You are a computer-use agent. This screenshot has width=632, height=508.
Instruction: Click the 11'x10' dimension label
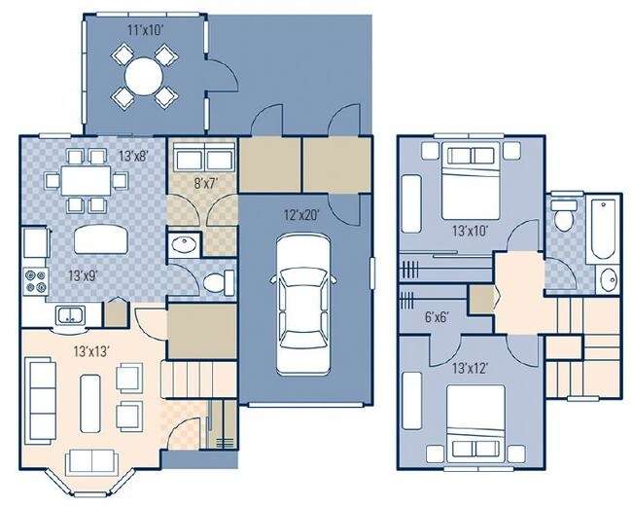tap(146, 29)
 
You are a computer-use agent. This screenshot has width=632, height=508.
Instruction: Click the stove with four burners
tap(36, 279)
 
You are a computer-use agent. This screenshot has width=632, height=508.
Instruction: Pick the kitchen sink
tap(69, 313)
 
